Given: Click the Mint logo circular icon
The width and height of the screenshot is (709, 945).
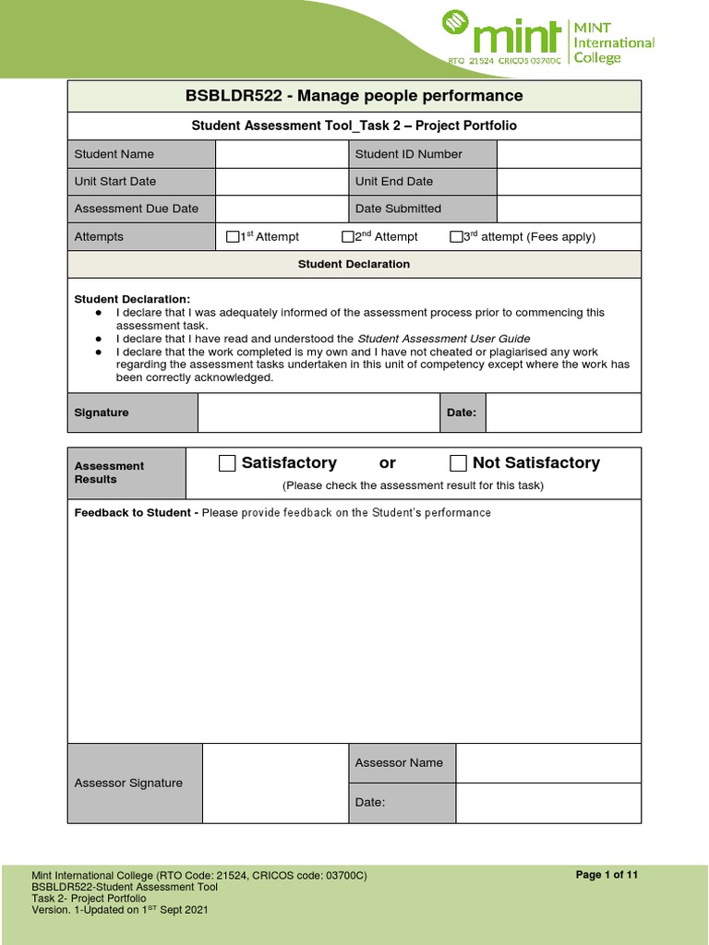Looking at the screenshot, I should [455, 24].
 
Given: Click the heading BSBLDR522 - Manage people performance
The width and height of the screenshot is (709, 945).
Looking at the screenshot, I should [354, 96].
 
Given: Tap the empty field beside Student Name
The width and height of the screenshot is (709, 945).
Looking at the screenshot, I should [281, 154].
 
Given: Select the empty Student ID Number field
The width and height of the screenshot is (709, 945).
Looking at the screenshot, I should [568, 154].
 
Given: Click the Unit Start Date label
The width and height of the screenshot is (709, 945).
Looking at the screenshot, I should [115, 182].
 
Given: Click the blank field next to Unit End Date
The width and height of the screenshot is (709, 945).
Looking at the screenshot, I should [568, 182].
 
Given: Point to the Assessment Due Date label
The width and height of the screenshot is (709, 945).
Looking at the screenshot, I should [136, 209].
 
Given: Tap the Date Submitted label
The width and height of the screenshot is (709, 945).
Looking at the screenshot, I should [398, 209].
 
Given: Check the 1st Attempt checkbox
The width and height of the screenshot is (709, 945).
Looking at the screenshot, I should [233, 237].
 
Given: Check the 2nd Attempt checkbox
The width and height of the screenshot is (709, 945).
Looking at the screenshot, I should [348, 237].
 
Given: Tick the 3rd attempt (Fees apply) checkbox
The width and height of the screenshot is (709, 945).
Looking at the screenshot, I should [456, 237].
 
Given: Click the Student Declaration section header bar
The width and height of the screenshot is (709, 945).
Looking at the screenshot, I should [354, 264].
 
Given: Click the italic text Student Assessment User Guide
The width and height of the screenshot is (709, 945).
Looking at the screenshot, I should [443, 339].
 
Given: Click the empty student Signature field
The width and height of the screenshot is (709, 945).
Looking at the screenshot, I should [318, 413].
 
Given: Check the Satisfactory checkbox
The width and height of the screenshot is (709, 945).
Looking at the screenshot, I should [227, 463].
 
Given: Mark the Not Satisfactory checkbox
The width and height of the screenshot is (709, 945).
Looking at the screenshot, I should [458, 463].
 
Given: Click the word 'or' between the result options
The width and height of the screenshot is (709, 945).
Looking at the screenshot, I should [387, 463].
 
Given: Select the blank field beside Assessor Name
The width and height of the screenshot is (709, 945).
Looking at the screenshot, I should [547, 763].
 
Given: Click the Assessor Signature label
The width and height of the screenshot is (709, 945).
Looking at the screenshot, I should [128, 783].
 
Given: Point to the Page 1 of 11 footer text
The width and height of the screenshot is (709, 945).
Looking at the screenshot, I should [607, 875].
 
